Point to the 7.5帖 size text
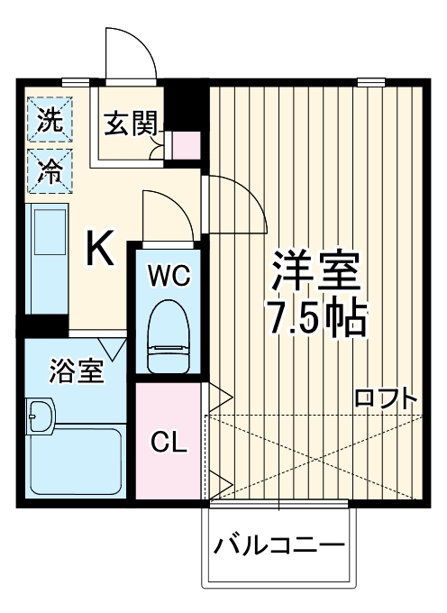315,317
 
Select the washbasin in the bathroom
41,417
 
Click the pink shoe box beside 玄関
186,145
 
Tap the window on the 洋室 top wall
370,82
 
